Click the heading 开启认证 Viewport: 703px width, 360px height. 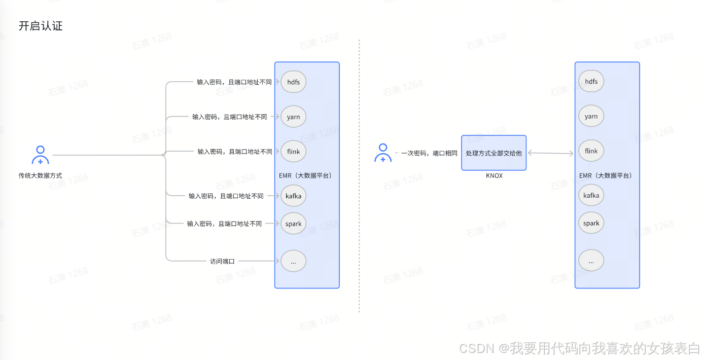coord(41,26)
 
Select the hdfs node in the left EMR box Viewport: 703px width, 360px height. coord(293,82)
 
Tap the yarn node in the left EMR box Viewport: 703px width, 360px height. coord(293,117)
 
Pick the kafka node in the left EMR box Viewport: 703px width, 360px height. coord(293,196)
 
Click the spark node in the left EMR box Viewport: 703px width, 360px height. coord(293,224)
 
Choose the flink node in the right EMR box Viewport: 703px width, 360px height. coord(591,151)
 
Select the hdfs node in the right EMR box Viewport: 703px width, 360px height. coord(591,82)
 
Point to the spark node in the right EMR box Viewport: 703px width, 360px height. coord(591,223)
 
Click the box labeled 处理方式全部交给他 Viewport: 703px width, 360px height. coord(494,153)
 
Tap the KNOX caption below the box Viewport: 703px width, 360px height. coord(494,175)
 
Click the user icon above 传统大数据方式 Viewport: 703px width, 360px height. coord(41,155)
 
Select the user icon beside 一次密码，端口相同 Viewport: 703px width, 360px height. coord(383,153)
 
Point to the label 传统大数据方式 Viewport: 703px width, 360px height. coord(41,175)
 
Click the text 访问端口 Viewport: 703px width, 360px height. coord(222,261)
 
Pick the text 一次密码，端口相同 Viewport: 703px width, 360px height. coord(429,153)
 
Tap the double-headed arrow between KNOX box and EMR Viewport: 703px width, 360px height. coord(550,153)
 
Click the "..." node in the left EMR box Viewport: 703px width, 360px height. coord(293,261)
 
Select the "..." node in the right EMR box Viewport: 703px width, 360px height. coord(591,261)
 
